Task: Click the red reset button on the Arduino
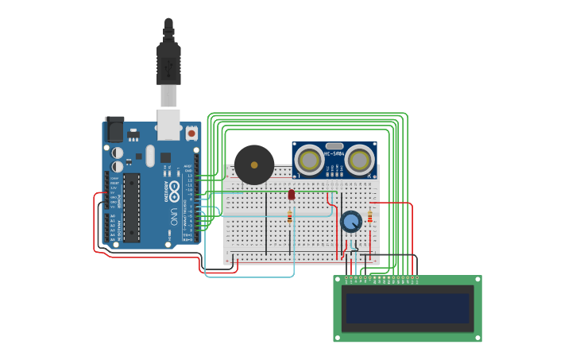tap(191, 134)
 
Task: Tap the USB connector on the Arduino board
tap(168, 125)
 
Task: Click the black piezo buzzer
tap(254, 165)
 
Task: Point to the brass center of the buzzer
tap(254, 165)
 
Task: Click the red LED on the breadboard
tap(292, 194)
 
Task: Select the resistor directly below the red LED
tap(290, 216)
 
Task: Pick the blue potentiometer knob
tap(350, 222)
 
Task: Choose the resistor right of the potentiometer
tap(369, 217)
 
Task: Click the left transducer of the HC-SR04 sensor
tap(309, 161)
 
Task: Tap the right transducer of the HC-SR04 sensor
tap(359, 161)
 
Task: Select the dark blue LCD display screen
tap(407, 308)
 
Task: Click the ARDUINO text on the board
tap(168, 191)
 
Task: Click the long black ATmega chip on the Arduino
tap(132, 207)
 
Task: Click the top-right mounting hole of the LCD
tap(476, 281)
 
